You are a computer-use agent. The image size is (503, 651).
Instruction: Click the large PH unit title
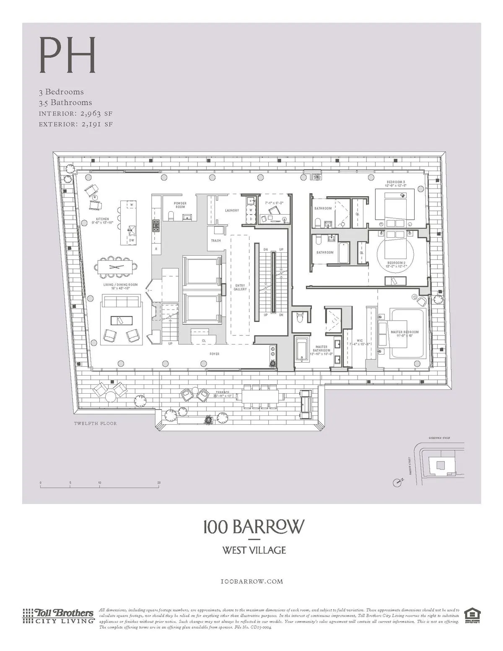pos(67,55)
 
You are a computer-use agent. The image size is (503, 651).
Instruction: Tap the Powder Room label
pos(180,205)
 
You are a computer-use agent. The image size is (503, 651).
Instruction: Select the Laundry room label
pos(232,210)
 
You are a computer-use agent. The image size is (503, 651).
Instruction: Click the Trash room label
pos(216,241)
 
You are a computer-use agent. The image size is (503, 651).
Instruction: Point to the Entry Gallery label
pos(240,288)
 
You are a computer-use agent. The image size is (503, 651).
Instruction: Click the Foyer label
pos(215,354)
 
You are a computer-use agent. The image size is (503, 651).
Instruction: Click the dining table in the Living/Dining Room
pos(116,267)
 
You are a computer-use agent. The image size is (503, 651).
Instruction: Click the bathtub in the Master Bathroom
pos(301,350)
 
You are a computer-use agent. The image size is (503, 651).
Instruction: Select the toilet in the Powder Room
pos(171,216)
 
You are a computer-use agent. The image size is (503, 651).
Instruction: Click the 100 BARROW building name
pos(251,527)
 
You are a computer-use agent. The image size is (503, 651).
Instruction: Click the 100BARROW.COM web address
pos(251,581)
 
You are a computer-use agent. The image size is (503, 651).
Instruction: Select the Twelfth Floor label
pos(96,423)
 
